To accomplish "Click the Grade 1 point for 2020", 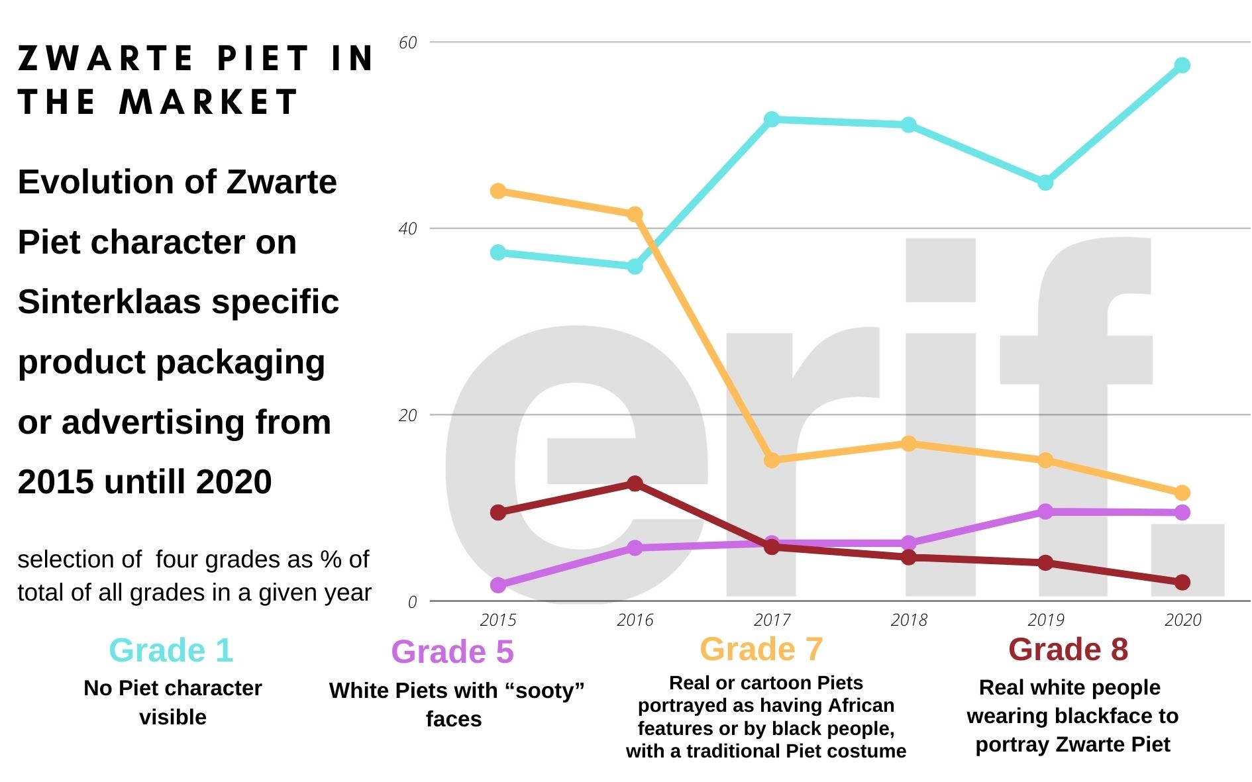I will pos(1182,65).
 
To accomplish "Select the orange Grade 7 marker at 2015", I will pos(498,191).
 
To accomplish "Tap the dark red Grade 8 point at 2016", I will pos(635,483).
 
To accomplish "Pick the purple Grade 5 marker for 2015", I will pos(498,585).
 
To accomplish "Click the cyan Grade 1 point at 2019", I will pos(1045,182).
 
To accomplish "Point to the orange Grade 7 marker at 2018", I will pos(909,443).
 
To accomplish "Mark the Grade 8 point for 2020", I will pos(1182,582).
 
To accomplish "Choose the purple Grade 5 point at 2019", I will pos(1045,511).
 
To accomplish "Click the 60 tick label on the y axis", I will pos(408,42).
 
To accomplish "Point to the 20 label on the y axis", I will pos(408,415).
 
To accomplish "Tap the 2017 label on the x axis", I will pos(772,620).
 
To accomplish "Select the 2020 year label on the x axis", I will pos(1182,620).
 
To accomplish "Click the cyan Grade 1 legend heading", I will pos(171,650).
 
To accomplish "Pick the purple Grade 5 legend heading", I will pos(452,652).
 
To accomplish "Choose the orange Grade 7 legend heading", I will pos(761,649).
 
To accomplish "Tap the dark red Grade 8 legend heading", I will pos(1068,649).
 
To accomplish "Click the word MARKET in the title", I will pos(209,102).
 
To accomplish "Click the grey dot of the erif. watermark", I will pos(1187,560).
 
